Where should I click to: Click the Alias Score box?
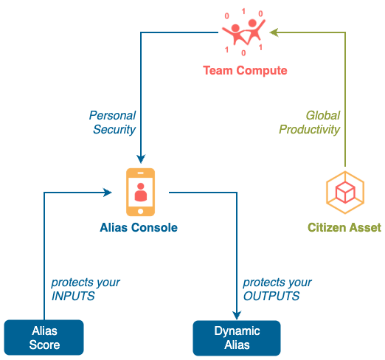[44, 337]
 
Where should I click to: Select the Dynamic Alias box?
[237, 338]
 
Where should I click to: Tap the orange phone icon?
[140, 192]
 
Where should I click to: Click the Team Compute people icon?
[243, 32]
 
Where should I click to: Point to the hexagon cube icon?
[345, 193]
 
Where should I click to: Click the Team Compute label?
[245, 70]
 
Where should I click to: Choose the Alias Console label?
[139, 227]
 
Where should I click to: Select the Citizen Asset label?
[344, 227]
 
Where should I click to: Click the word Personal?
[112, 115]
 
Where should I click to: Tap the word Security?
[114, 130]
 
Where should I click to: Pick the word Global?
[323, 115]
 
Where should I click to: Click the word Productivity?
[309, 130]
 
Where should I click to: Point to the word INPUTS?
[73, 296]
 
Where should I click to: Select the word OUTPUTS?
[271, 296]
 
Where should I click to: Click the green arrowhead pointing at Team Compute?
[274, 32]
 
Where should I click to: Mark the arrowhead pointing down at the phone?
[141, 159]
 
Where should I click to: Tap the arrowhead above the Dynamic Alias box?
[237, 316]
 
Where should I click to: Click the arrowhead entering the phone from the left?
[108, 193]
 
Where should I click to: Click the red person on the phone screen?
[141, 192]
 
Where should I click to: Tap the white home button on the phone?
[140, 211]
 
